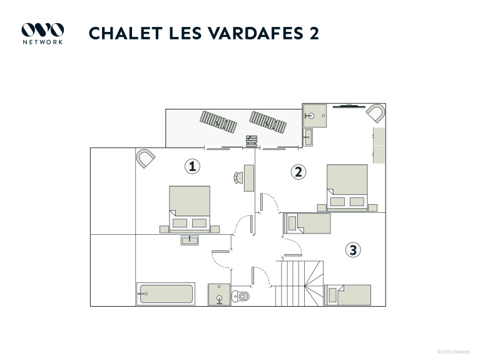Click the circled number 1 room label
pos(192,167)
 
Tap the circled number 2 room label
pos(298,172)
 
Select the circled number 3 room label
pos(353,250)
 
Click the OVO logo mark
pos(43,30)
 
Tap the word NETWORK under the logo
pos(43,43)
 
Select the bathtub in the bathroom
pos(166,294)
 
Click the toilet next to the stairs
pos(240,296)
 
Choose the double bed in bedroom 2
pos(347,187)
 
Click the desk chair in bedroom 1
pos(238,178)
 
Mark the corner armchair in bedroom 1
pos(145,158)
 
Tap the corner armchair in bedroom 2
pos(375,113)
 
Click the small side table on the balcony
pos(252,141)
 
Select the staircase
pos(299,284)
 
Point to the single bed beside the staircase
pos(348,295)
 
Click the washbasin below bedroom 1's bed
pos(190,240)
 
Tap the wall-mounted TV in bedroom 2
pos(349,106)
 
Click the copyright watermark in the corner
pos(453,352)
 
